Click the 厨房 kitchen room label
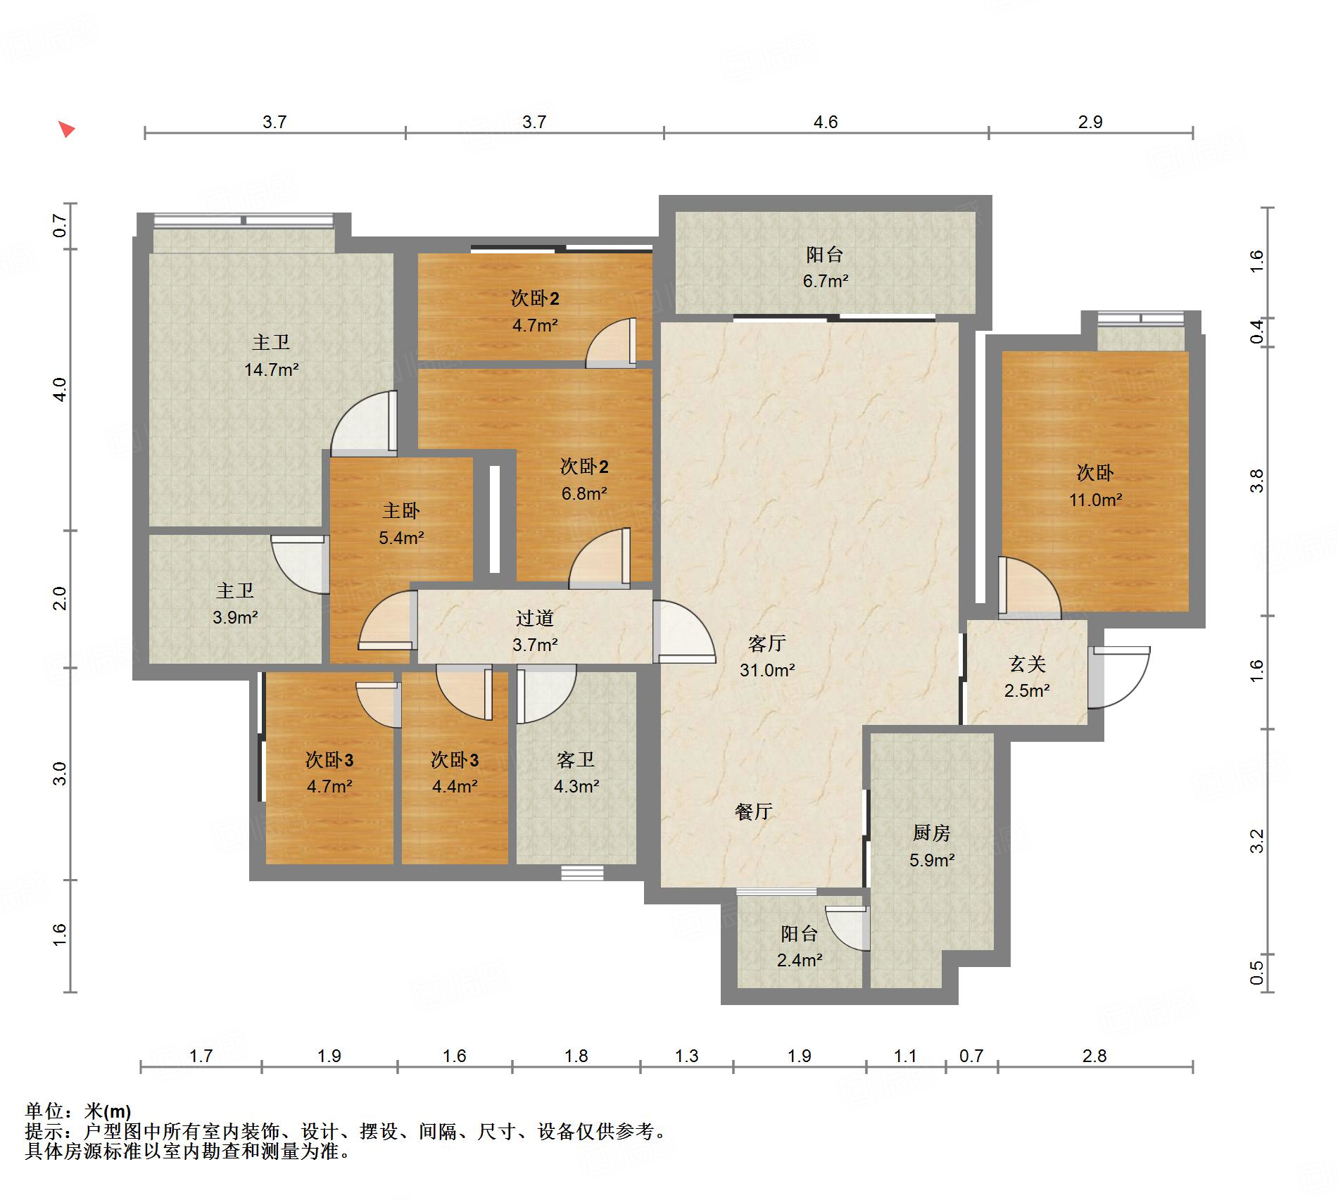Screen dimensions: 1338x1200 [931, 833]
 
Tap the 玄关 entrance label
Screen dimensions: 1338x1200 [1027, 664]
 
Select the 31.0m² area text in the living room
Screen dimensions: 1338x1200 [767, 670]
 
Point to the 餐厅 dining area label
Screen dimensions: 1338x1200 [753, 811]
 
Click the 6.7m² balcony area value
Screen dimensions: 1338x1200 [826, 281]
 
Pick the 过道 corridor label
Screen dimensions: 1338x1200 [535, 618]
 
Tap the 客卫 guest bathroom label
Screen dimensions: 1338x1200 [576, 759]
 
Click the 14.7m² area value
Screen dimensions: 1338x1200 [272, 369]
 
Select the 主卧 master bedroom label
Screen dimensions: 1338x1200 [401, 510]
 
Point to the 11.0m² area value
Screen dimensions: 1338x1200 [1096, 500]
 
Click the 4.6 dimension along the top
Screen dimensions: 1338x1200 [826, 122]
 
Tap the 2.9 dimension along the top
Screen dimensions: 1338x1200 [1090, 122]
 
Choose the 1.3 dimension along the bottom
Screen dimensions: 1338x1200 [687, 1056]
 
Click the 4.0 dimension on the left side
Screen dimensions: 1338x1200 [60, 389]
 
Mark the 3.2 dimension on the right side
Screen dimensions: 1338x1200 [1257, 841]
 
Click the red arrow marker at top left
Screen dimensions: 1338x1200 [66, 130]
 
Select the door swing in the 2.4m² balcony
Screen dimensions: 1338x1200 [847, 928]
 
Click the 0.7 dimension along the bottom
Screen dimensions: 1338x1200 [971, 1056]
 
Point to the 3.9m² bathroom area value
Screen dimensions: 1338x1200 [235, 617]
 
